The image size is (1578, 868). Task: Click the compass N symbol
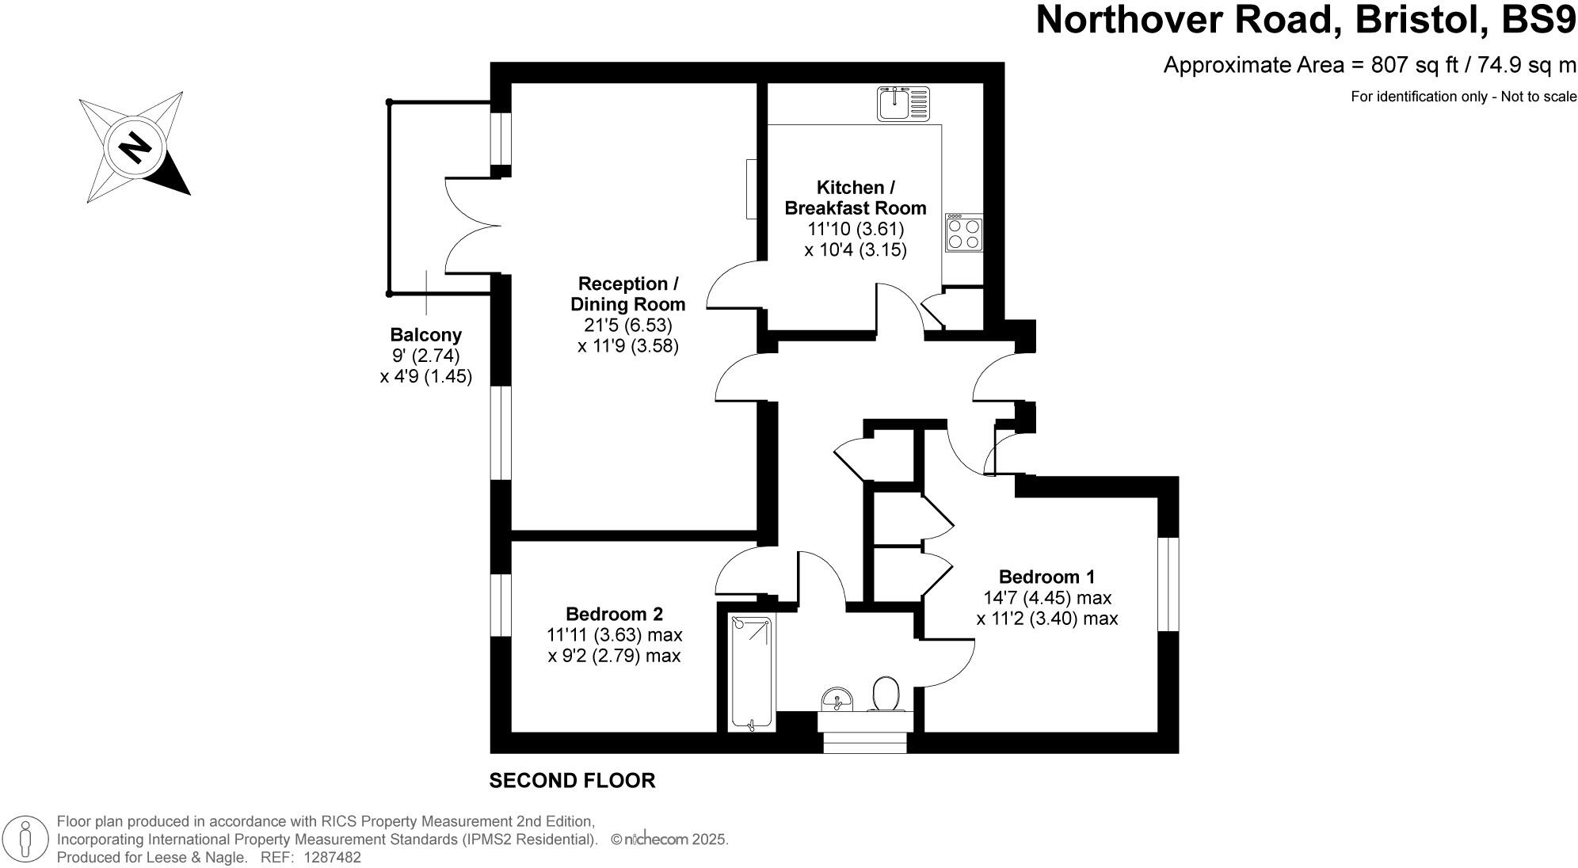tap(135, 147)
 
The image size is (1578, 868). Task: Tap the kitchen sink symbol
tap(903, 104)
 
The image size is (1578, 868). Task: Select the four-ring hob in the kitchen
tap(964, 234)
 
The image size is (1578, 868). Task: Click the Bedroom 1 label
tap(1046, 577)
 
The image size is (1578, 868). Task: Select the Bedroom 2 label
tap(614, 614)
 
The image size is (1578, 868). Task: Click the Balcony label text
tap(425, 335)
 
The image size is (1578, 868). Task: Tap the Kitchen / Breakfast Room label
tap(856, 198)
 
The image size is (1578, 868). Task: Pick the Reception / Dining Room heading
tap(628, 294)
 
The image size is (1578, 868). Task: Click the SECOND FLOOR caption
tap(572, 781)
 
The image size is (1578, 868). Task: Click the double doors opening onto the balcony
tap(473, 227)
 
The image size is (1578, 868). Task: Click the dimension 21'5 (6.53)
tap(627, 325)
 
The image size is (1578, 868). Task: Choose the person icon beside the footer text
tap(25, 839)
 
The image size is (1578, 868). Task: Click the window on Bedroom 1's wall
tap(1168, 584)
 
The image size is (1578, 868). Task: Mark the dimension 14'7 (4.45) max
tap(1047, 597)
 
